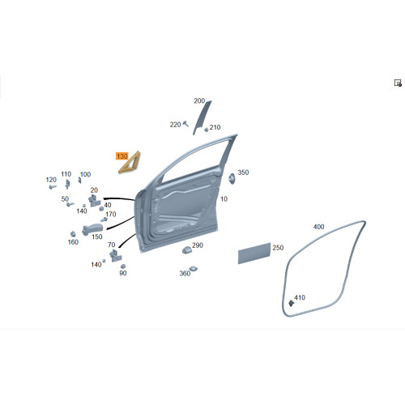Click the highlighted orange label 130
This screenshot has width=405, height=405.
pyautogui.click(x=122, y=156)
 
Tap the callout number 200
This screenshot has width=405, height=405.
pyautogui.click(x=199, y=101)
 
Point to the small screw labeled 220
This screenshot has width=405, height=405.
pyautogui.click(x=185, y=124)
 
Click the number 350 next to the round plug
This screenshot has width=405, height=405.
pyautogui.click(x=243, y=173)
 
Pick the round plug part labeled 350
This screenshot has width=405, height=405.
pyautogui.click(x=232, y=179)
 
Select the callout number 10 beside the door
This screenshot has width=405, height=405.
pyautogui.click(x=224, y=199)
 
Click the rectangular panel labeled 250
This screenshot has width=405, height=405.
pyautogui.click(x=254, y=254)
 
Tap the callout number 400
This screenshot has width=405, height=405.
pyautogui.click(x=318, y=227)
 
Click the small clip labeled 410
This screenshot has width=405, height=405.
pyautogui.click(x=291, y=303)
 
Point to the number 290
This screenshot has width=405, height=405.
pyautogui.click(x=198, y=245)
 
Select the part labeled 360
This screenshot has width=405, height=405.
pyautogui.click(x=194, y=269)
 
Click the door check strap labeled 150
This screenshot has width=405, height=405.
pyautogui.click(x=92, y=230)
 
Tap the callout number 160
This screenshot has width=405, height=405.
pyautogui.click(x=73, y=242)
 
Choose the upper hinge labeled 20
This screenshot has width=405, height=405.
pyautogui.click(x=94, y=201)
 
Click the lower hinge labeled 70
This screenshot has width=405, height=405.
pyautogui.click(x=115, y=255)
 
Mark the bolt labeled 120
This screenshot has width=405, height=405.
pyautogui.click(x=53, y=186)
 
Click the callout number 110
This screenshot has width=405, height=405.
pyautogui.click(x=66, y=174)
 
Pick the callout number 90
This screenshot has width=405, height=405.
pyautogui.click(x=123, y=273)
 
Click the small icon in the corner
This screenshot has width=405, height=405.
pyautogui.click(x=398, y=83)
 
